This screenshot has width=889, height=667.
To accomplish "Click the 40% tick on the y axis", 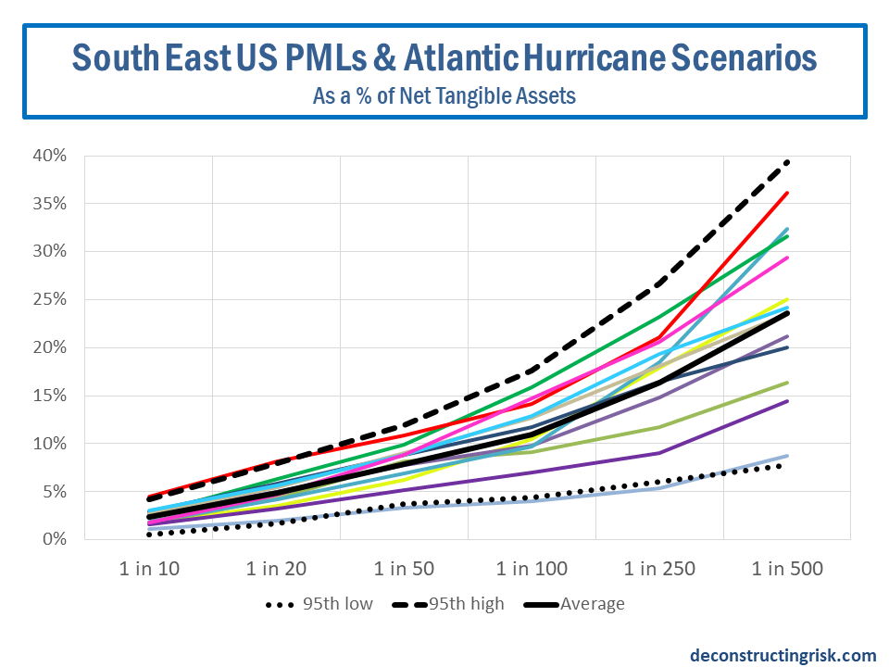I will [x=49, y=156].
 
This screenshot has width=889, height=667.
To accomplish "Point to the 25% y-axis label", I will [x=49, y=299].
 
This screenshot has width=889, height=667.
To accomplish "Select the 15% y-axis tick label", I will [x=49, y=396].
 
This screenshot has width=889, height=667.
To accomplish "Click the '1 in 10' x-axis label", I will [x=150, y=569].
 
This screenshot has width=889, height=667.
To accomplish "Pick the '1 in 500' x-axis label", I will [x=786, y=569].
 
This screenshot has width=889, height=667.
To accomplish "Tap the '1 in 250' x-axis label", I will [x=658, y=569].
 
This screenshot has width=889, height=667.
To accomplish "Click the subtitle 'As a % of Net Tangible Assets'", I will [x=444, y=94].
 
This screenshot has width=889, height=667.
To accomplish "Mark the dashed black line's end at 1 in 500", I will [x=787, y=162].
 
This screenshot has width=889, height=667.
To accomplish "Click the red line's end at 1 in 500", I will [x=787, y=193].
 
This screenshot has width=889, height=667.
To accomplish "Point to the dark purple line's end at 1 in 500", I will [x=787, y=401].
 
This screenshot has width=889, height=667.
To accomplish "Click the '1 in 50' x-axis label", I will [x=404, y=569].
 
